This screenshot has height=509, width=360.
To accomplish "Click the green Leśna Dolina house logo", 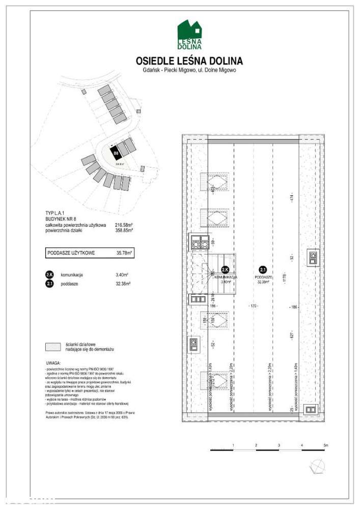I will [189, 35].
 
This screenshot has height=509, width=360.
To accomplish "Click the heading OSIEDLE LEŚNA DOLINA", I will [189, 62].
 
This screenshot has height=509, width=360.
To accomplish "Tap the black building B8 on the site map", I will [116, 152].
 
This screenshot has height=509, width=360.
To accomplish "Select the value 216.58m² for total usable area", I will [124, 224].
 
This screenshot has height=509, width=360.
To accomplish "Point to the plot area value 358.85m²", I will [124, 230].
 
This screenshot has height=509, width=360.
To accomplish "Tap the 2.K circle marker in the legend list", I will [50, 275].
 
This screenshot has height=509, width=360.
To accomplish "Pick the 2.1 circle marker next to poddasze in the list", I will [50, 284].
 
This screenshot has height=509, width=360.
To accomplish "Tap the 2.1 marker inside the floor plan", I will [263, 270].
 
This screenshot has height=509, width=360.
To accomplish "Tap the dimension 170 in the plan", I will [253, 306].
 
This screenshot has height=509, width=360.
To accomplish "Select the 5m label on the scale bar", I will [326, 445].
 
